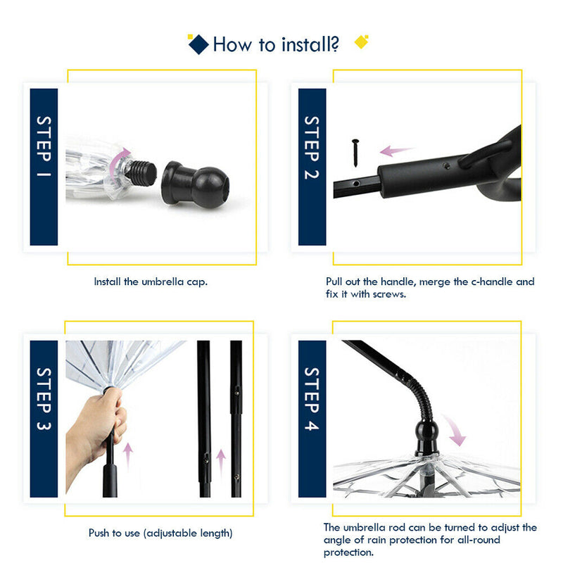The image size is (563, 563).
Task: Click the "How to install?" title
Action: [276, 45]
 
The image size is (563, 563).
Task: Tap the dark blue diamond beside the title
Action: [198, 44]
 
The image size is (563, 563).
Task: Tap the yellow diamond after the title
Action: [361, 42]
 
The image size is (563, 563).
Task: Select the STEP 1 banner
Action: [44, 167]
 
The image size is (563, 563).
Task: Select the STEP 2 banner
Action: [312, 167]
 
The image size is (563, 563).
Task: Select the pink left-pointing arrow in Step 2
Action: [396, 151]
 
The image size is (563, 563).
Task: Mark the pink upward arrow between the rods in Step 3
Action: [220, 461]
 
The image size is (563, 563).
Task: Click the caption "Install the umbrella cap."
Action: [151, 281]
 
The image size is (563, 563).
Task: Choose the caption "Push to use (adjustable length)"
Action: [160, 533]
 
